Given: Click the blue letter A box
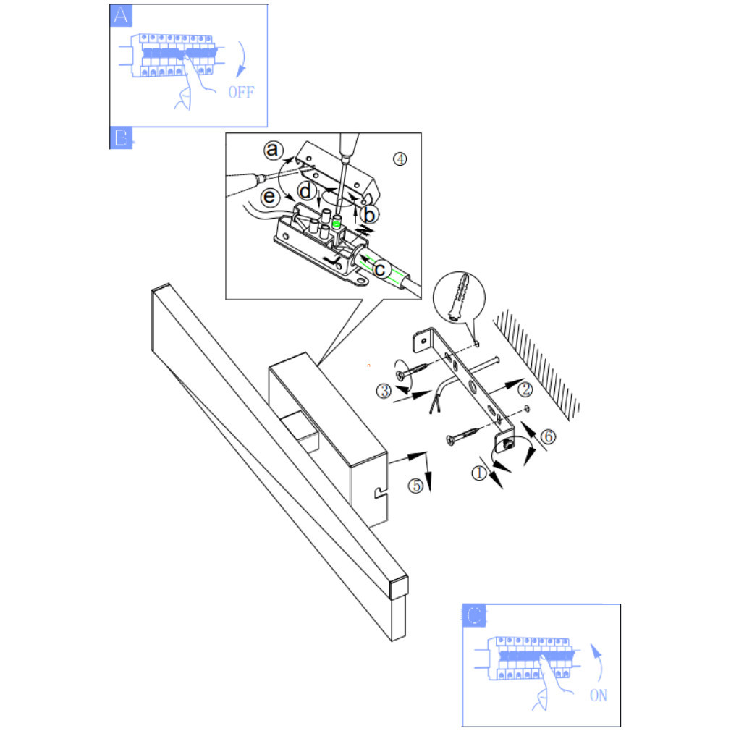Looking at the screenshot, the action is point(121,15).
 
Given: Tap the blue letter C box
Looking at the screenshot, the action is point(474,615).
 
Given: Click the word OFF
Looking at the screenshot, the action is point(242,93).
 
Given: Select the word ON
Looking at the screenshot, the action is point(599,696).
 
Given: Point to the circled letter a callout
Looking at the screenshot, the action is point(273,150).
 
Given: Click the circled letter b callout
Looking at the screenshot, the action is point(369,215).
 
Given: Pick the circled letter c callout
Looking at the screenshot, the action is point(381,269).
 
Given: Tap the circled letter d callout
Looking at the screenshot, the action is point(306,191).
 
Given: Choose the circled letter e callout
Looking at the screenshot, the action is point(269,197).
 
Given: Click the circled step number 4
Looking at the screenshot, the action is point(400,159).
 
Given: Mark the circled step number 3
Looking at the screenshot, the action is point(384,391).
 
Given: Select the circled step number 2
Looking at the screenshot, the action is point(525,389).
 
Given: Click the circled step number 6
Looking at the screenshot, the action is point(548,437).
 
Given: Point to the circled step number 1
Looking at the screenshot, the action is point(479,473).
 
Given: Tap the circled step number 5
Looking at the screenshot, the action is point(415,486).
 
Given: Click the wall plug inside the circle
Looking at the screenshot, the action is point(459,297).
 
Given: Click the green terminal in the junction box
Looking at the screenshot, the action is point(337,223).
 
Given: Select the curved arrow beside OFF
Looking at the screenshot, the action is point(243,59).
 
